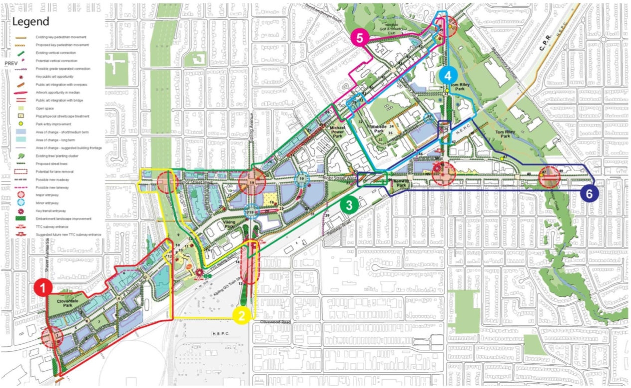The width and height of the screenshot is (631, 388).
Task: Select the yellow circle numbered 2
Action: [x=242, y=315]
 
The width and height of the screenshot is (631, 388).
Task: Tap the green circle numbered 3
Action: [x=349, y=205]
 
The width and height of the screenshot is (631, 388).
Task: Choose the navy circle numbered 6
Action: [x=589, y=194]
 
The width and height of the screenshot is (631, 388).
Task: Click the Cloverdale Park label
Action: [x=64, y=305]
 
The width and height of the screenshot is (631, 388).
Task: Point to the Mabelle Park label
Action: [x=379, y=129]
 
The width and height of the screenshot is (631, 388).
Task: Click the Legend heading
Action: [x=31, y=22]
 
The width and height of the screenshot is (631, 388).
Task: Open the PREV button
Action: [x=10, y=64]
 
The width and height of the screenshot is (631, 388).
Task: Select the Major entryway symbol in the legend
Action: [x=21, y=195]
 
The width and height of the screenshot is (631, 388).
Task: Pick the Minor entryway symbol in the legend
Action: [x=21, y=203]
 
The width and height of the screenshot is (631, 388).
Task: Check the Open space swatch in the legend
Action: [x=21, y=108]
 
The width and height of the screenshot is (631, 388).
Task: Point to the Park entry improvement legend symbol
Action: [x=21, y=124]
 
